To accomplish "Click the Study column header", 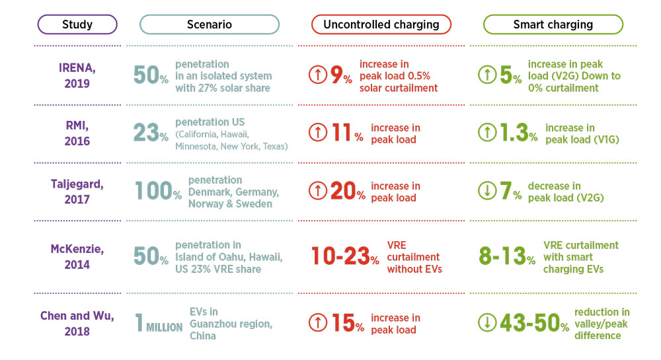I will coord(77,24).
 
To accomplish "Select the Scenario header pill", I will coord(209,24).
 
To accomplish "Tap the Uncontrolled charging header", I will coord(381,24).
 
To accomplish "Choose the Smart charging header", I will coord(553,24).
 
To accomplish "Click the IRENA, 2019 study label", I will coord(77,75).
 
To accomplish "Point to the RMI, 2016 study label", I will coord(77,133).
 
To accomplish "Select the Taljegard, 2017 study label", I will coord(77,191).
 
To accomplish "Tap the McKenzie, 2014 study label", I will coord(77,257).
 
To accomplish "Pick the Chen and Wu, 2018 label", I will coord(77,323).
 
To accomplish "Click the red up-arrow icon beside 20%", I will coord(318,192).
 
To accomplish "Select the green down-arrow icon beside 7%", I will coord(487,192).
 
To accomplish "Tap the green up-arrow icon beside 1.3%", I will coord(487,133).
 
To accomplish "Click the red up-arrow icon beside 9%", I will coord(318,75).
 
